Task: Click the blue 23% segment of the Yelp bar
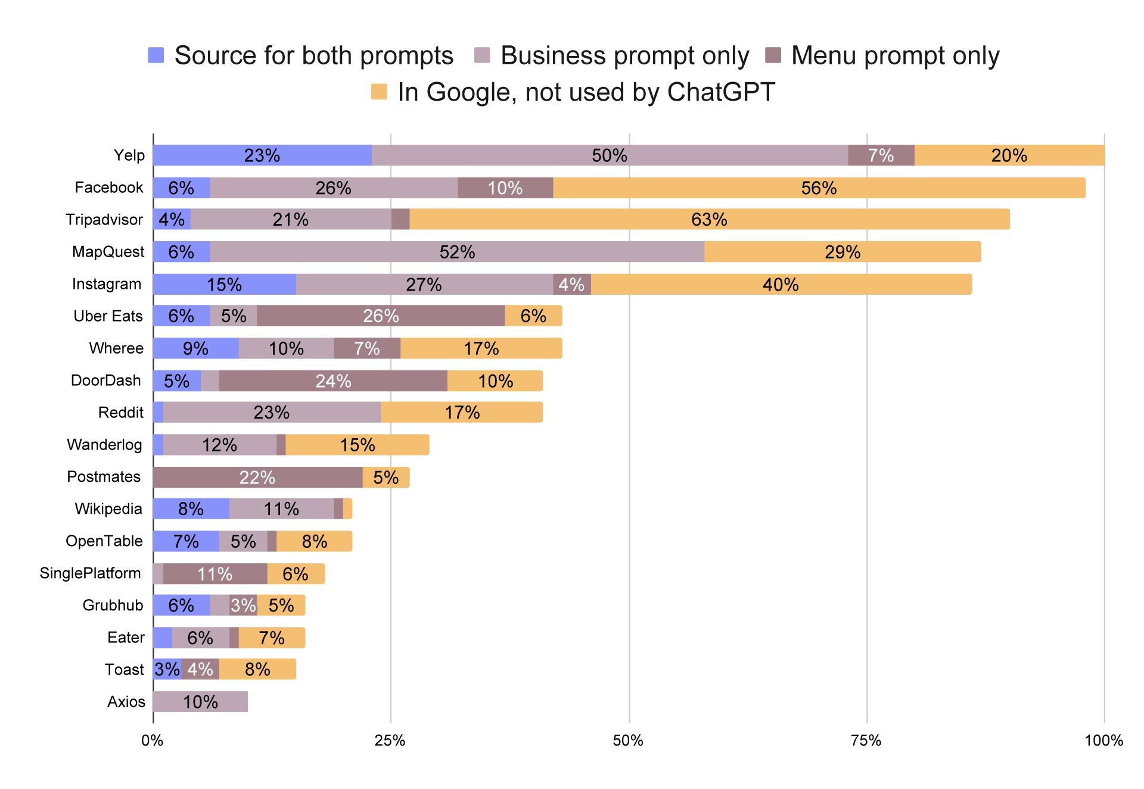pos(262,155)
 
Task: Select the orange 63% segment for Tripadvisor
pos(710,219)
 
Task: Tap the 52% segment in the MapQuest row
pos(457,252)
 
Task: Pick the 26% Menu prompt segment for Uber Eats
pos(381,316)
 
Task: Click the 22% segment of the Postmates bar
pos(258,478)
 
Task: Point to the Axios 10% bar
pos(200,701)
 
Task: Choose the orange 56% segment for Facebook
pos(819,188)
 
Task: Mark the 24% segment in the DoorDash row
pos(333,381)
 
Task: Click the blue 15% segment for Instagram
pos(225,284)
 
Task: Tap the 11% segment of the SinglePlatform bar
pos(215,573)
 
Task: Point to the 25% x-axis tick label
pos(390,741)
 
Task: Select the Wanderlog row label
pos(104,445)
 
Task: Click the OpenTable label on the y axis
pos(104,541)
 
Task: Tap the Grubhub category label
pos(113,606)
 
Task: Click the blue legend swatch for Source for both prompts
pos(156,55)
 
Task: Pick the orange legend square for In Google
pos(379,92)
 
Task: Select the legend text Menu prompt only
pos(895,55)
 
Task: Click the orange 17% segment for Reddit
pos(462,412)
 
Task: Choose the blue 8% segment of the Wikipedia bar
pos(191,509)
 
